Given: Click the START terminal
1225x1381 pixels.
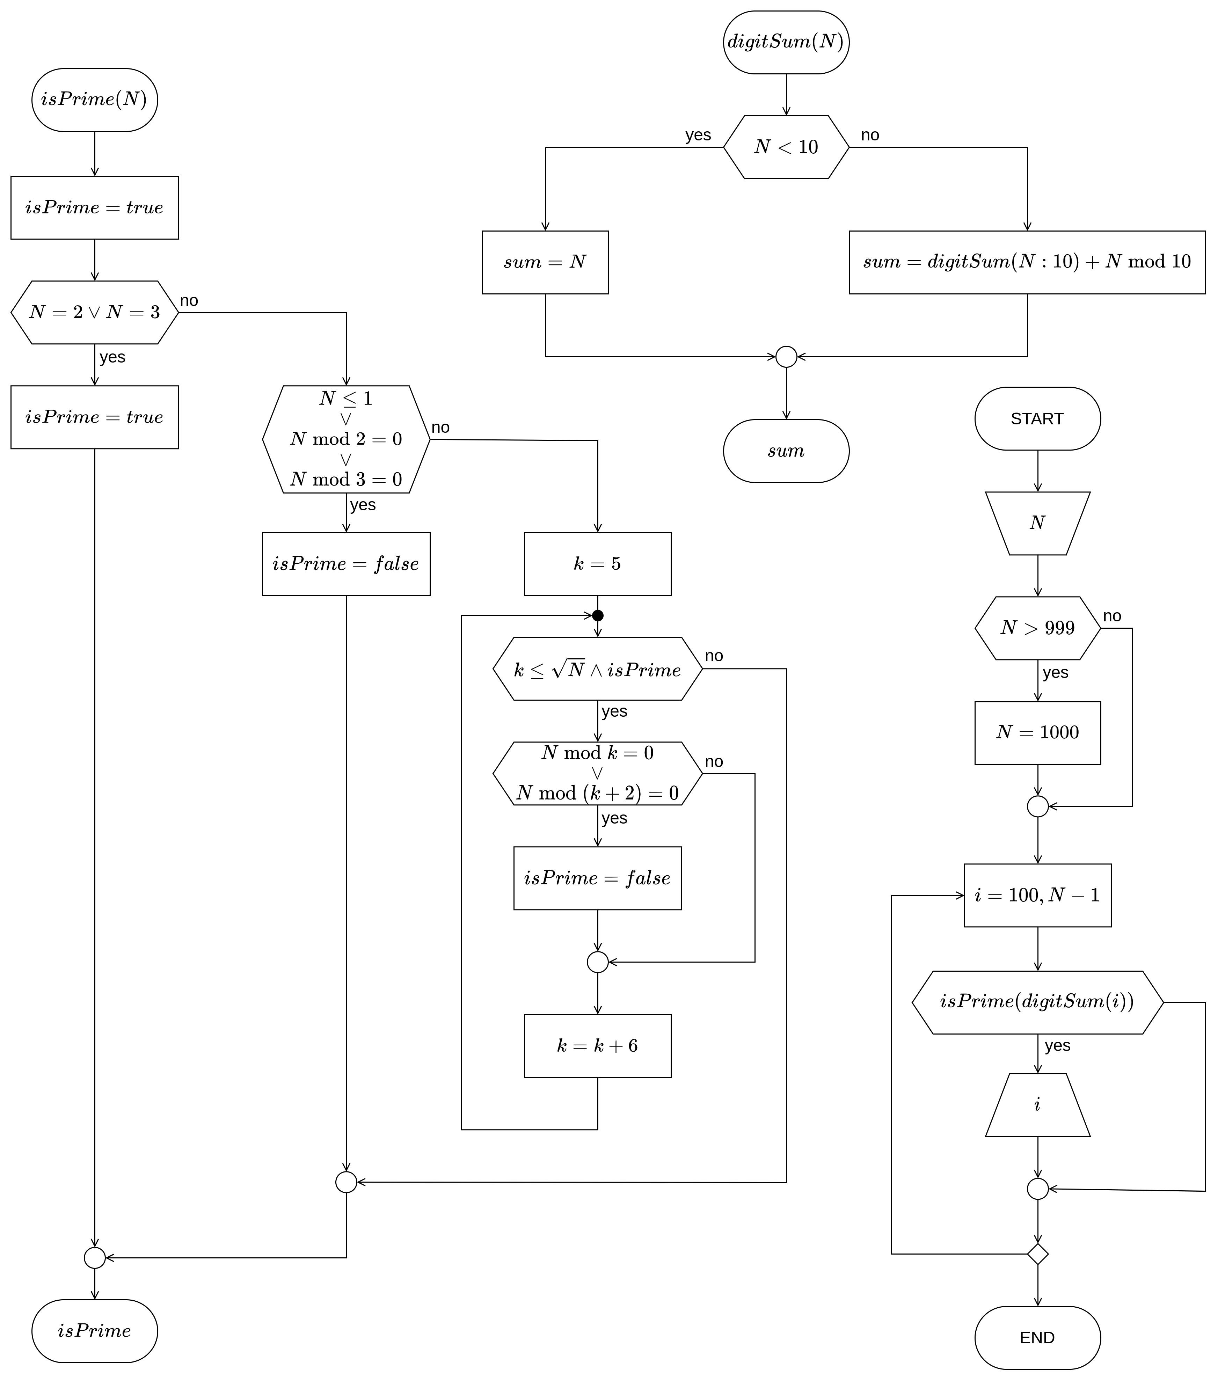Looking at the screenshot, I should (1037, 419).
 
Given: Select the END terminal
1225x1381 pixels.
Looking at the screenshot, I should (1037, 1338).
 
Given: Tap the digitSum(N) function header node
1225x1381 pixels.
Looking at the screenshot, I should (786, 42).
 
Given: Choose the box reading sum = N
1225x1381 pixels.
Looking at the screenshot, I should (545, 262).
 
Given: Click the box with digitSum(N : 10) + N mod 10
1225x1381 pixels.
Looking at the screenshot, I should (1027, 262).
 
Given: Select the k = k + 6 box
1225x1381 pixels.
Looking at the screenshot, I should (597, 1046).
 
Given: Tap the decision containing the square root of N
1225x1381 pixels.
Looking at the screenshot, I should (597, 669).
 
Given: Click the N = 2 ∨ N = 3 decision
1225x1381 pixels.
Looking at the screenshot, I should (95, 312).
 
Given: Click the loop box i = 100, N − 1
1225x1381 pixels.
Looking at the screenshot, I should (1037, 895).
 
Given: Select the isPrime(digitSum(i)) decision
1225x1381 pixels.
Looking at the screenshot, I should (1037, 1002).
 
